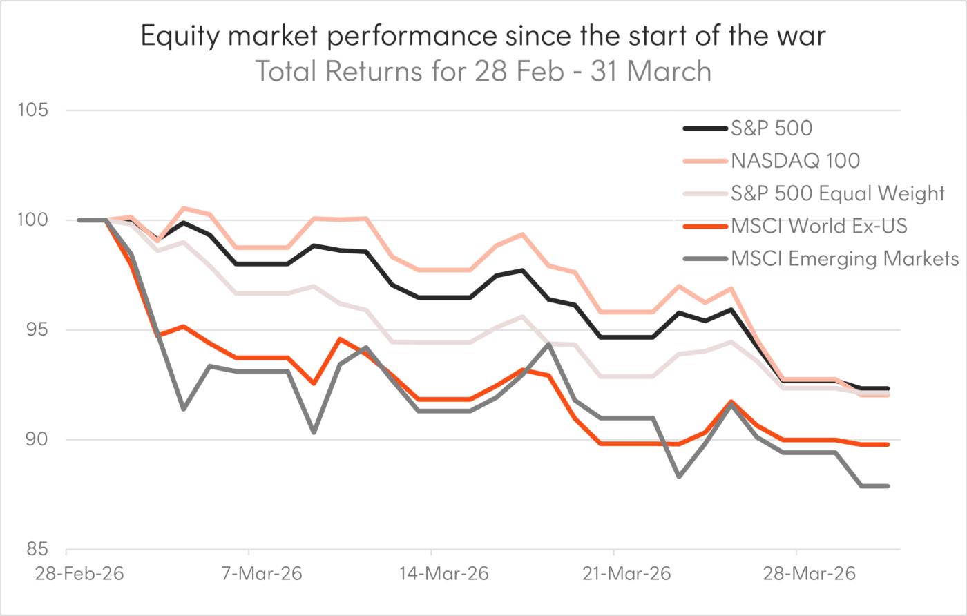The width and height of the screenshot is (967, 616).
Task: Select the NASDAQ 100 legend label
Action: pyautogui.click(x=794, y=161)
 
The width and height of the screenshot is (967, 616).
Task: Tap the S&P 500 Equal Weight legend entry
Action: pyautogui.click(x=836, y=193)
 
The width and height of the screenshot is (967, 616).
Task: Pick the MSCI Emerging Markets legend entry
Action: pyautogui.click(x=844, y=259)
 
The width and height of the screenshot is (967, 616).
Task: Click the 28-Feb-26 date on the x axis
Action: pyautogui.click(x=66, y=574)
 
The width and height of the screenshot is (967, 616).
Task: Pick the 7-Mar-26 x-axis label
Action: pyautogui.click(x=248, y=574)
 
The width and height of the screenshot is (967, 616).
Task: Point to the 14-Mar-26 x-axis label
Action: pyautogui.click(x=431, y=574)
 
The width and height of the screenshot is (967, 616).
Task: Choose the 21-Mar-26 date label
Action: pyautogui.click(x=614, y=574)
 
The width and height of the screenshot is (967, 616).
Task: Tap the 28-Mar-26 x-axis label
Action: pyautogui.click(x=796, y=574)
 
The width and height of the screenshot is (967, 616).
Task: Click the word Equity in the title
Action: pyautogui.click(x=184, y=36)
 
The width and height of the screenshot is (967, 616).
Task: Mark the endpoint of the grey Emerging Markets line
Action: pyautogui.click(x=888, y=486)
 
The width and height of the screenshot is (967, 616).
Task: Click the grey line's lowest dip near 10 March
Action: pyautogui.click(x=314, y=433)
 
